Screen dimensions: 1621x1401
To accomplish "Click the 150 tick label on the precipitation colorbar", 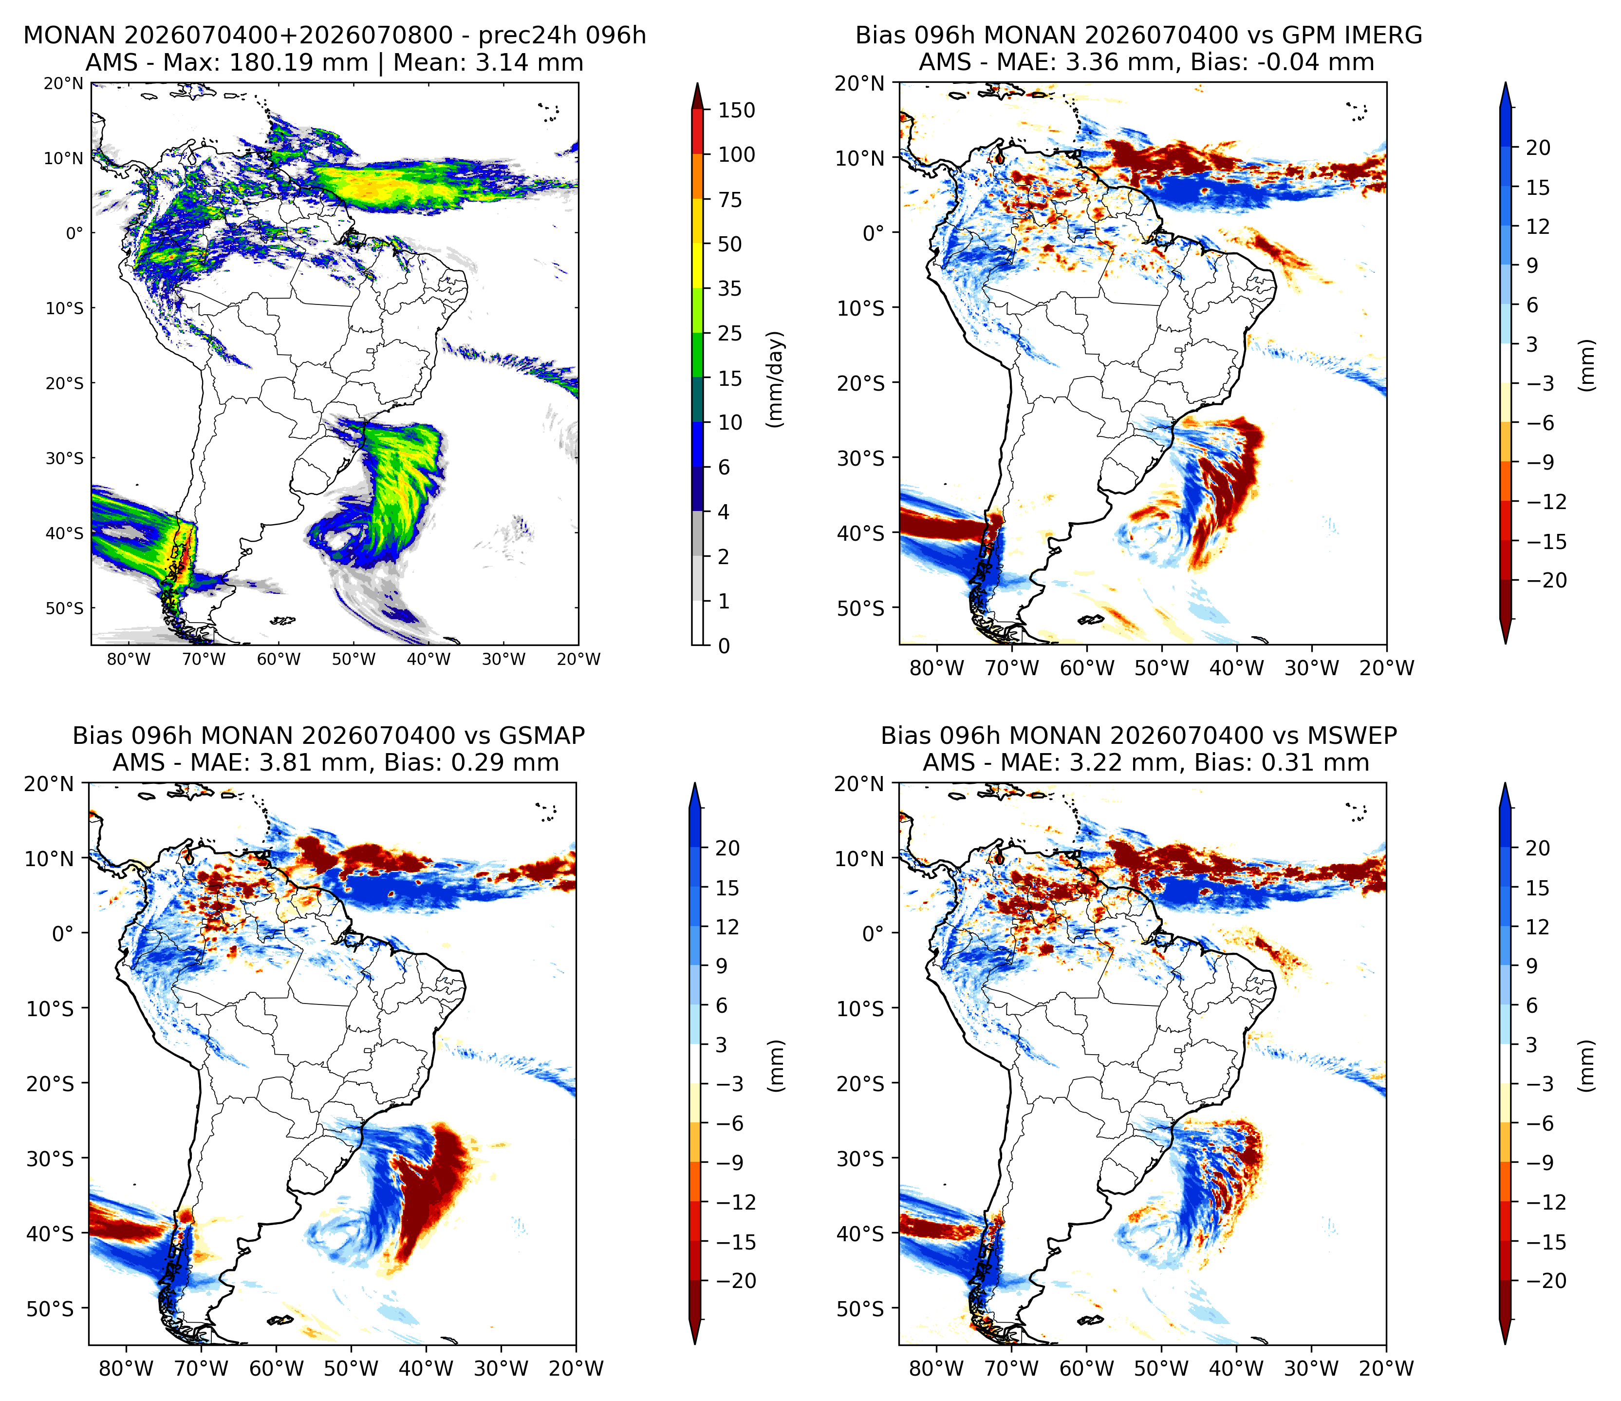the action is (x=737, y=111).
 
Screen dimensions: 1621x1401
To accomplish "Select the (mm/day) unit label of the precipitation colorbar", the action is (x=775, y=379).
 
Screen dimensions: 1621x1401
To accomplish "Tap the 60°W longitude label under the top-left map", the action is (x=279, y=659).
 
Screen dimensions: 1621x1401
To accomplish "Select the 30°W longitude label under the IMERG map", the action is (x=1312, y=668).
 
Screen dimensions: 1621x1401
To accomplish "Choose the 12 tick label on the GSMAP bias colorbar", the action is (x=727, y=928).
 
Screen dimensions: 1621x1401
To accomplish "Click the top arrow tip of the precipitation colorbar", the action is (x=698, y=83).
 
